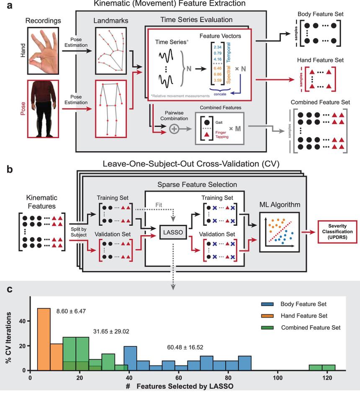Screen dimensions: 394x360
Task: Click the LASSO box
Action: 174,230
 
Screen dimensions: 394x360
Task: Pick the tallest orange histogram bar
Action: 44,340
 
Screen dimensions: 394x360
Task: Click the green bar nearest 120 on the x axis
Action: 329,368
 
